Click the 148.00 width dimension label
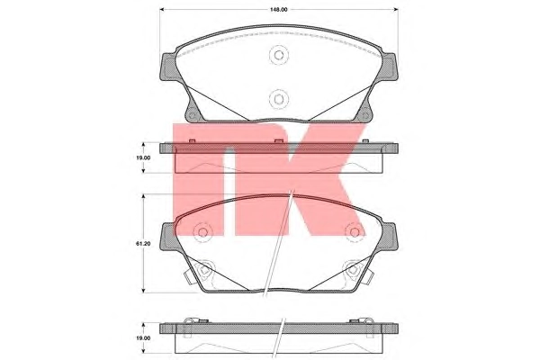click(x=279, y=10)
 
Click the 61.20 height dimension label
click(x=143, y=244)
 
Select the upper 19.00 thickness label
click(x=143, y=157)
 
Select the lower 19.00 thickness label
click(x=143, y=338)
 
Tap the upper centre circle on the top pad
click(x=279, y=55)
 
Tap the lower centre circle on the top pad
click(x=279, y=99)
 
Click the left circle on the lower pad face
click(x=202, y=232)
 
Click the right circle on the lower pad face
click(x=355, y=232)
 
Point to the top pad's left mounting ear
click(x=169, y=67)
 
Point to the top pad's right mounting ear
click(x=389, y=67)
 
